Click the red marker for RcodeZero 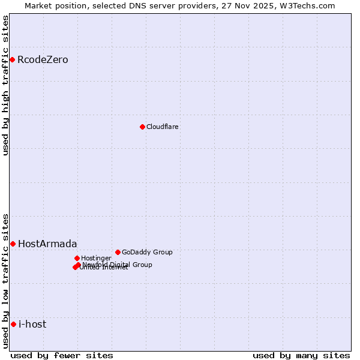click(x=12, y=59)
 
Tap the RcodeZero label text click(x=43, y=60)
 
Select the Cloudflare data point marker click(x=142, y=127)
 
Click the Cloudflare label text click(x=163, y=127)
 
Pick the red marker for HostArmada click(x=13, y=244)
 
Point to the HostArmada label click(x=47, y=244)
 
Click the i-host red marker click(x=13, y=324)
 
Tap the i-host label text click(x=32, y=325)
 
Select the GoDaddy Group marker click(x=118, y=252)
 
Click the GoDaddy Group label click(x=147, y=253)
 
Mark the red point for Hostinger click(x=77, y=258)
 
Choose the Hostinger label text click(x=96, y=259)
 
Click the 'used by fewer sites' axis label click(x=62, y=355)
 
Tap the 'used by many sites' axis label click(x=301, y=355)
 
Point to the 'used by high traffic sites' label click(x=6, y=85)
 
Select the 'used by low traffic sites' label click(x=6, y=280)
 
